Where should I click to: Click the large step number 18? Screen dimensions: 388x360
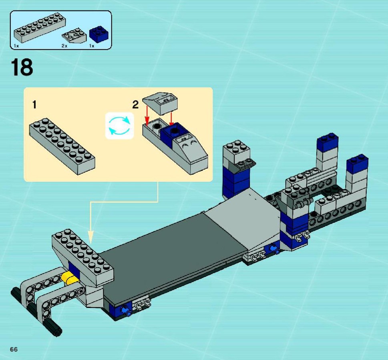22,67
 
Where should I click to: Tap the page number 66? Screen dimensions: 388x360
14,349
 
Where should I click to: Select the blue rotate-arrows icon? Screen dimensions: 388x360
119,126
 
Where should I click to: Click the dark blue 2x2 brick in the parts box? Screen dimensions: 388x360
99,34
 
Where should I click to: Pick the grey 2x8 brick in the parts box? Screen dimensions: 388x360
40,27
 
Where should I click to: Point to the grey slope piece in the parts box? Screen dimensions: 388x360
74,36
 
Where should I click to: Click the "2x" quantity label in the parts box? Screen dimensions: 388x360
64,46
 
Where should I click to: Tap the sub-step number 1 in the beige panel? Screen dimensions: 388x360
34,104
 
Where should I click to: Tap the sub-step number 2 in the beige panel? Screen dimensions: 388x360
135,105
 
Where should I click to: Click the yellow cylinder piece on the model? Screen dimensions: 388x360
70,278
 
